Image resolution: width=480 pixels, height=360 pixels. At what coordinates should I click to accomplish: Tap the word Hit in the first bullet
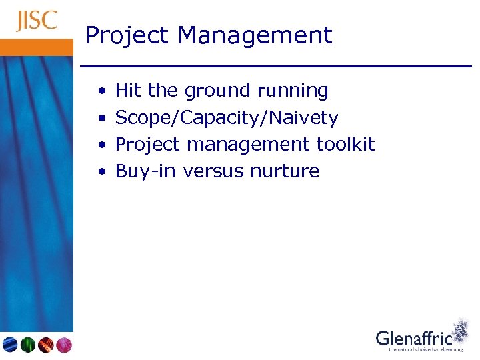point(129,90)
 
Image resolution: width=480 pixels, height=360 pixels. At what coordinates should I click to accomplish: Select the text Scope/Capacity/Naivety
point(227,118)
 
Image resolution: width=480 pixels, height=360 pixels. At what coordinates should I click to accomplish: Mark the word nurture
point(285,171)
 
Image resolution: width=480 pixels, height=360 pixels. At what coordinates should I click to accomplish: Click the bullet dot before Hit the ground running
point(101,91)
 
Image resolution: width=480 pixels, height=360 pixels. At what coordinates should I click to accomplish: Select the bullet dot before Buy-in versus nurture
point(101,171)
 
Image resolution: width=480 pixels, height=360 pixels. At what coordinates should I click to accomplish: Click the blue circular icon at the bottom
point(10,345)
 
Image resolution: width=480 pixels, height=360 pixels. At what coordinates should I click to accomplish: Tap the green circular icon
point(27,345)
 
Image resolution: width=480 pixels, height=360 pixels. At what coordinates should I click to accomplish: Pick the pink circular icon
point(63,345)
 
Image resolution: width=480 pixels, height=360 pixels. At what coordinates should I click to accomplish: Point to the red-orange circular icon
point(45,345)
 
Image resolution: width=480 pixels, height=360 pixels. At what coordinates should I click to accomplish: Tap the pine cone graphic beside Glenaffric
point(460,331)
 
